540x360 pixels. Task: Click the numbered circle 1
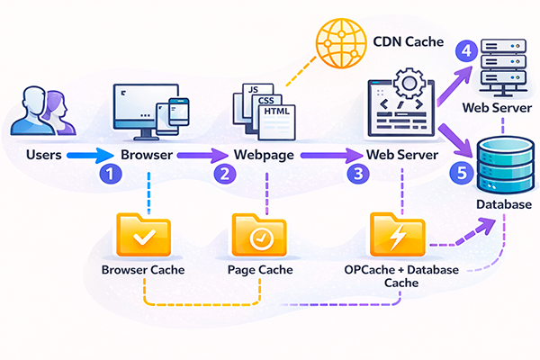tap(109, 174)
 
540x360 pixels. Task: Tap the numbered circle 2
tap(222, 174)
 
